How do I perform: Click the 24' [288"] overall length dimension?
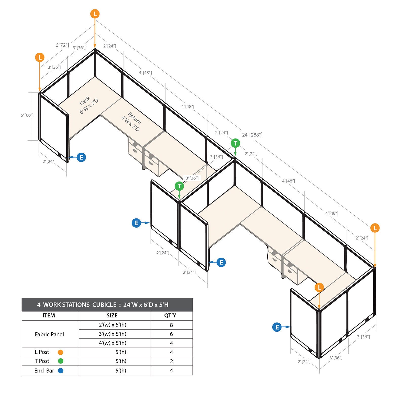pyautogui.click(x=252, y=135)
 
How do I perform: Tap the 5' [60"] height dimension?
pyautogui.click(x=27, y=115)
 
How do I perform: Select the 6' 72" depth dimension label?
pyautogui.click(x=62, y=45)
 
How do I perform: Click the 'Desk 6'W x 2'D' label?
pyautogui.click(x=89, y=105)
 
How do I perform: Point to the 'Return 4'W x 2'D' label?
pyautogui.click(x=132, y=121)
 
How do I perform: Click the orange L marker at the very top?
pyautogui.click(x=95, y=14)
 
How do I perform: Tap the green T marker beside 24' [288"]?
pyautogui.click(x=235, y=143)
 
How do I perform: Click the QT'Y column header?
pyautogui.click(x=170, y=316)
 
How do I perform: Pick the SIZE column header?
pyautogui.click(x=112, y=316)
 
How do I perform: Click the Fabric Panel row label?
pyautogui.click(x=49, y=334)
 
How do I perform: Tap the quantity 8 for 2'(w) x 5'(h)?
pyautogui.click(x=171, y=325)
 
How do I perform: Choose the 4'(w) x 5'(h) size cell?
pyautogui.click(x=112, y=343)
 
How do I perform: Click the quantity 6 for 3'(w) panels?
pyautogui.click(x=171, y=334)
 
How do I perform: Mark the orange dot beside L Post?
pyautogui.click(x=60, y=352)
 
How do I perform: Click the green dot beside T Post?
pyautogui.click(x=60, y=361)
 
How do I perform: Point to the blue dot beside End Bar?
pyautogui.click(x=60, y=371)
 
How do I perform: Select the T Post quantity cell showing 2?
pyautogui.click(x=171, y=361)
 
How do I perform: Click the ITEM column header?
pyautogui.click(x=49, y=316)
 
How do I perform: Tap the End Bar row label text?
pyautogui.click(x=44, y=371)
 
